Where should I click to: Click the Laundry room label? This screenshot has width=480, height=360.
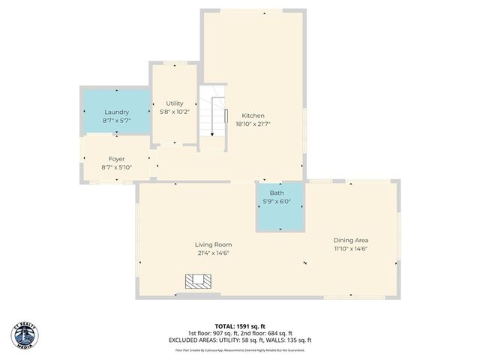coord(116,112)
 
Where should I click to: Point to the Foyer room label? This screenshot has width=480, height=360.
coord(116,159)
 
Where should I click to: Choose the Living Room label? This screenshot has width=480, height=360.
coord(213,244)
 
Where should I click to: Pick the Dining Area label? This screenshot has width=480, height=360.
coord(351,240)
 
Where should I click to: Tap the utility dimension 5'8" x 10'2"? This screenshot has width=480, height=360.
coord(174,112)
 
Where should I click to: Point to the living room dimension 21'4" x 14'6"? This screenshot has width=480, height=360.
coord(213,253)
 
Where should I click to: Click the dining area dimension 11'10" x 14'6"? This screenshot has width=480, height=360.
coord(351,249)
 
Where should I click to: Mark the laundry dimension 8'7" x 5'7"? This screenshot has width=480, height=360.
coord(116,121)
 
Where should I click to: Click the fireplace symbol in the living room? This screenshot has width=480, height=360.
coord(199,281)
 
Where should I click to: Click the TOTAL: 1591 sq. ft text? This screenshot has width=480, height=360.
coord(240,326)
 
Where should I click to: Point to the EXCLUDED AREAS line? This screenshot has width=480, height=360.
coord(240,340)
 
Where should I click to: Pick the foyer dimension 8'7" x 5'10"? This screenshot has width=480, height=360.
coord(116,167)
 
